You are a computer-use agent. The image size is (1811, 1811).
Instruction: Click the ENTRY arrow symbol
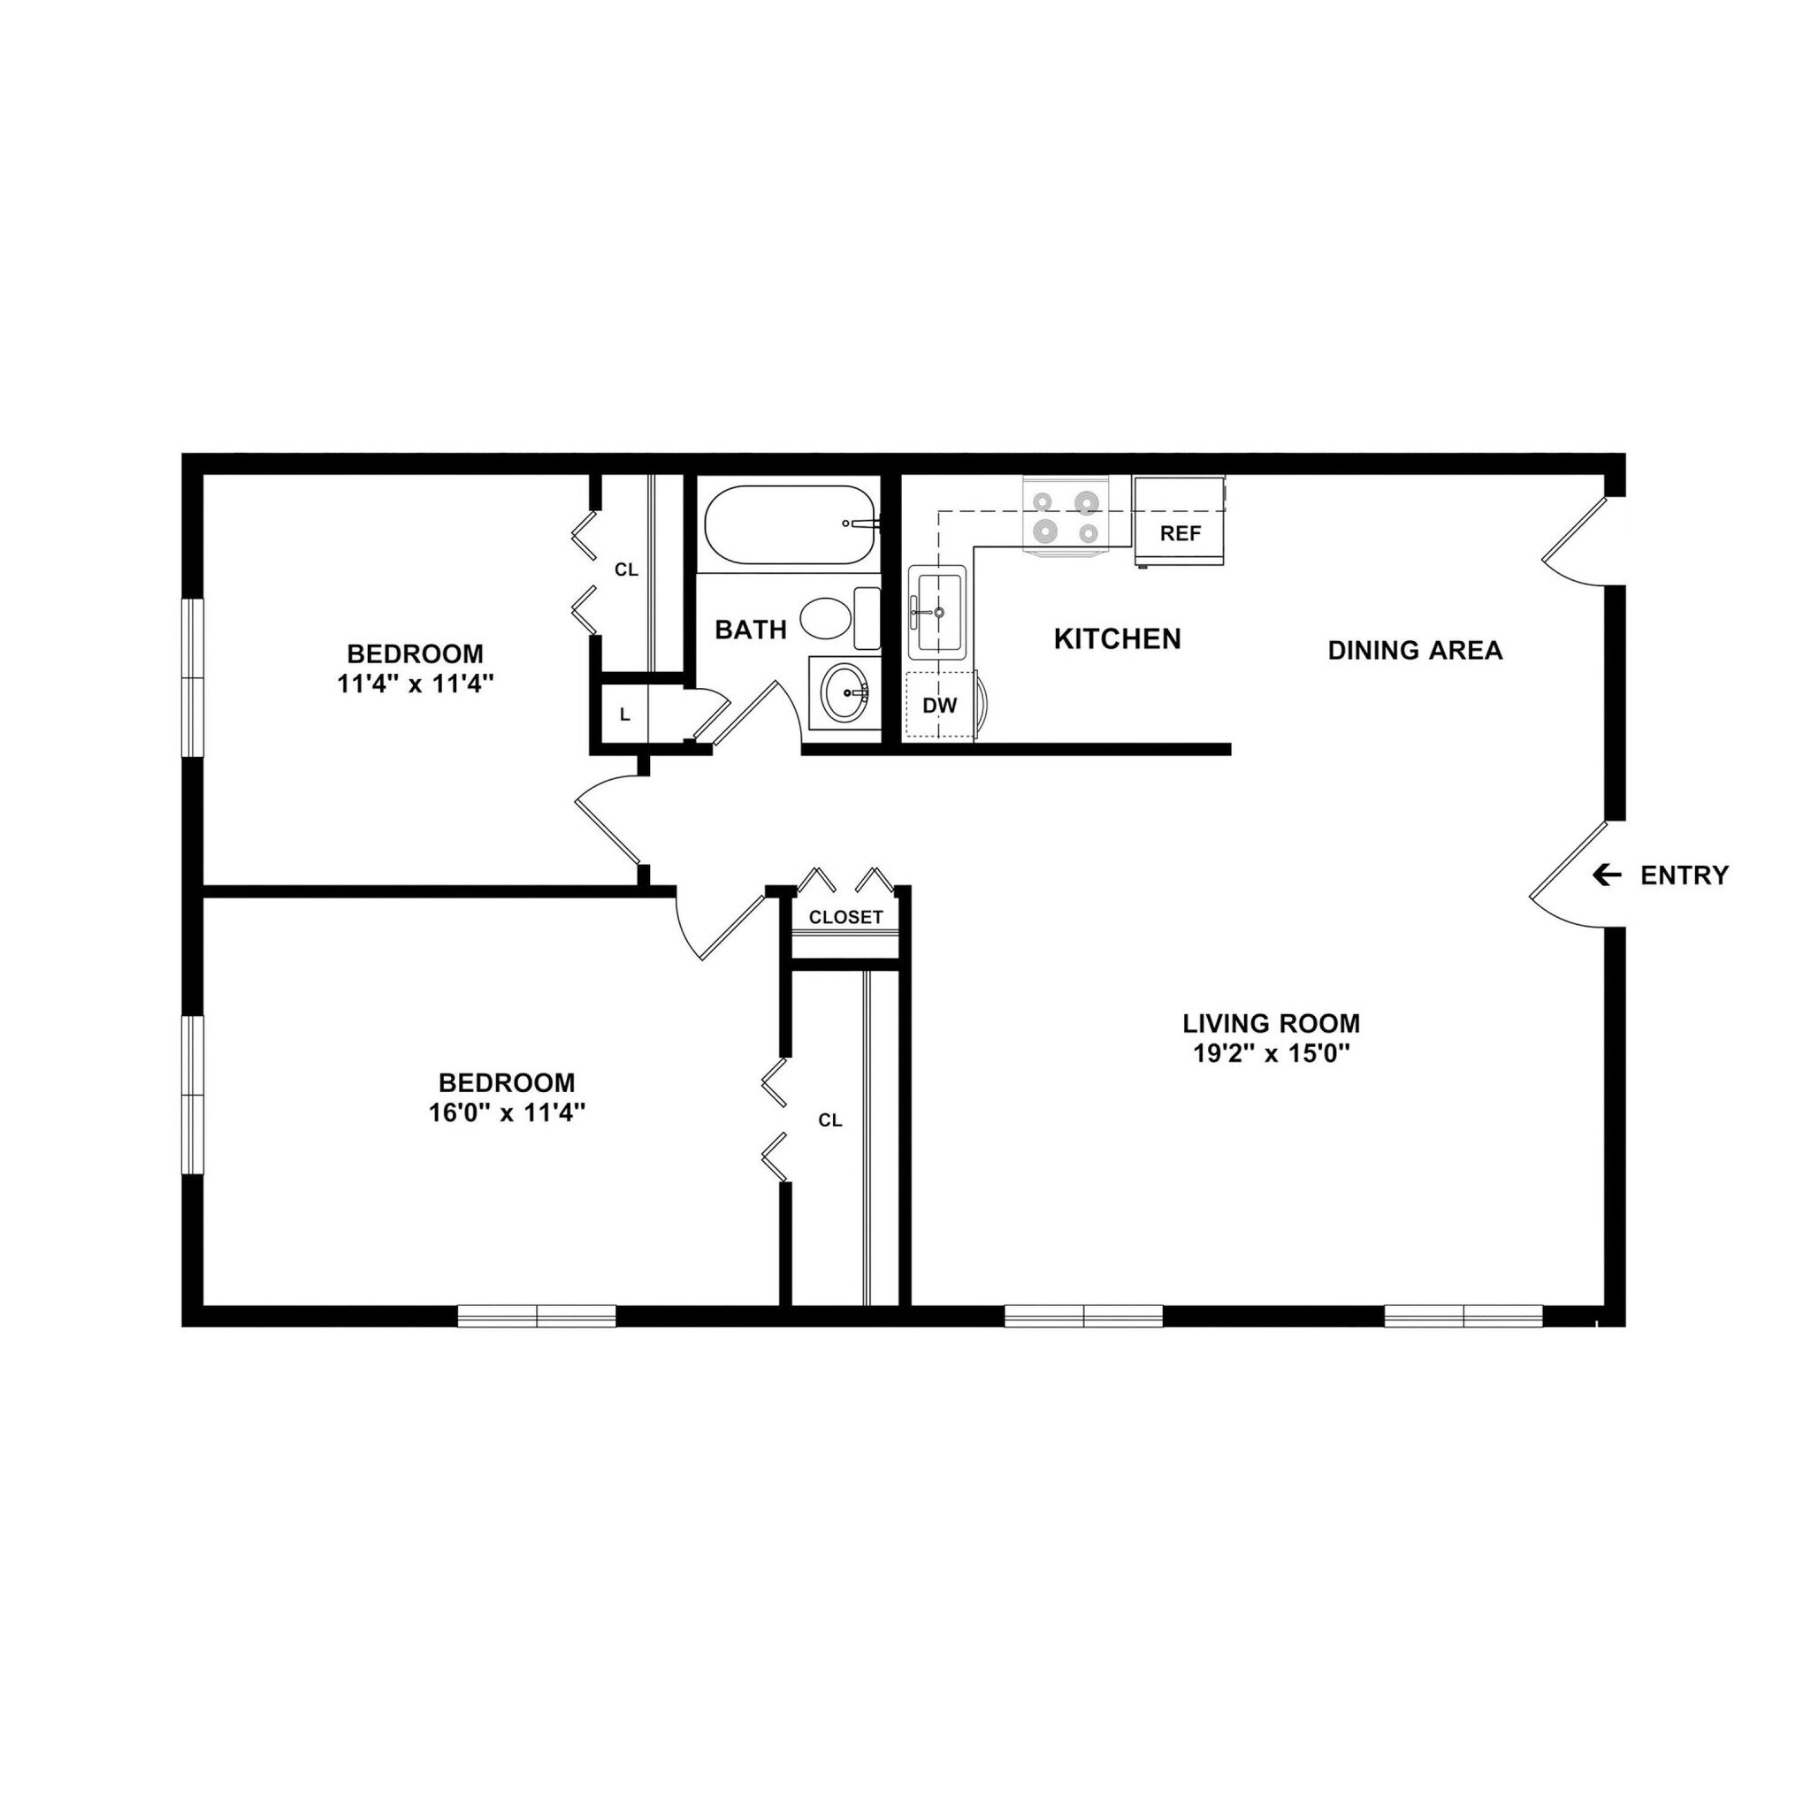[1607, 875]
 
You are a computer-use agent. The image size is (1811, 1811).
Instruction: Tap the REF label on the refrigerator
[1181, 533]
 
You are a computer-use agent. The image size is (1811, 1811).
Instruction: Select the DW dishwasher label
[939, 706]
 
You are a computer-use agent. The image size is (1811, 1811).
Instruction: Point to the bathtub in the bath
[790, 524]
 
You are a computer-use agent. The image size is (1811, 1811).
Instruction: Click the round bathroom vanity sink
[844, 692]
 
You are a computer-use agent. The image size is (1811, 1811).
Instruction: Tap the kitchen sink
[937, 610]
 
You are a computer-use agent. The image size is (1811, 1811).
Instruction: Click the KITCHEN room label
[1118, 639]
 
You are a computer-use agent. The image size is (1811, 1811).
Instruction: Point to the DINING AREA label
[1415, 651]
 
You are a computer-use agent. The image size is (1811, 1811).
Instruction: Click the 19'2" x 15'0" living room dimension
[1270, 1053]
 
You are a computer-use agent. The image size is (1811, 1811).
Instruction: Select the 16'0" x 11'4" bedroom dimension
[507, 1112]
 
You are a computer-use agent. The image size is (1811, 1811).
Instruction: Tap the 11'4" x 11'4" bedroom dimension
[416, 684]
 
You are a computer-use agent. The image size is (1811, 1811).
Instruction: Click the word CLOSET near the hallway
[845, 917]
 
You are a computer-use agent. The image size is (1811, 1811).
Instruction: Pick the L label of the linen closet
[625, 714]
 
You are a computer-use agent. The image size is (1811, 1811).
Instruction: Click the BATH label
[751, 630]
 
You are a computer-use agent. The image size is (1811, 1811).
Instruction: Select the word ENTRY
[1684, 875]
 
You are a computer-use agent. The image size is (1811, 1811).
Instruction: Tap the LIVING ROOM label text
[1270, 1023]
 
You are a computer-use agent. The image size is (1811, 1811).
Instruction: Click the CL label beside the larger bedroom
[829, 1120]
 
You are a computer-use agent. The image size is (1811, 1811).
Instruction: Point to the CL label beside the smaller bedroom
[626, 570]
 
